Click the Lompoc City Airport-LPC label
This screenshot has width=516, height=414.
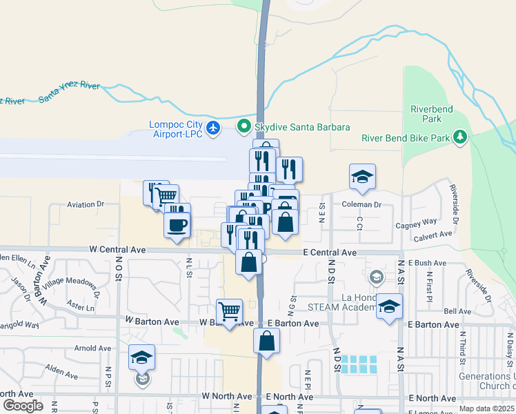click(x=176, y=129)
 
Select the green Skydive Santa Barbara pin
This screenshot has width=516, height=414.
click(x=243, y=127)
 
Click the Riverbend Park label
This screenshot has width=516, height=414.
click(x=426, y=114)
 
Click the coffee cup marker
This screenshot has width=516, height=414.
click(x=177, y=224)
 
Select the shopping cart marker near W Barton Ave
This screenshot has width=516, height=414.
click(x=229, y=312)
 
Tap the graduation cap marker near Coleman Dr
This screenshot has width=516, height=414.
click(x=362, y=177)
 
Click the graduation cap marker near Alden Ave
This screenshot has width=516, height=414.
click(x=142, y=358)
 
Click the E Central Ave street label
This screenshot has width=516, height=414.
click(x=330, y=253)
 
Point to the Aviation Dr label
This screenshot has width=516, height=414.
click(x=85, y=205)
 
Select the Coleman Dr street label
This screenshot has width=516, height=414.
click(x=362, y=205)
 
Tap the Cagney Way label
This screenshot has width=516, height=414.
click(x=416, y=222)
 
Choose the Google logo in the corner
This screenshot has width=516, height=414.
click(x=23, y=406)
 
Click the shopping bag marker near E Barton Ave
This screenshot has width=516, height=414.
click(x=266, y=341)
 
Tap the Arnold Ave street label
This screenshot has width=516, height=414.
click(x=93, y=349)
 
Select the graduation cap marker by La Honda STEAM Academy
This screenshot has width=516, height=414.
click(x=389, y=306)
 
